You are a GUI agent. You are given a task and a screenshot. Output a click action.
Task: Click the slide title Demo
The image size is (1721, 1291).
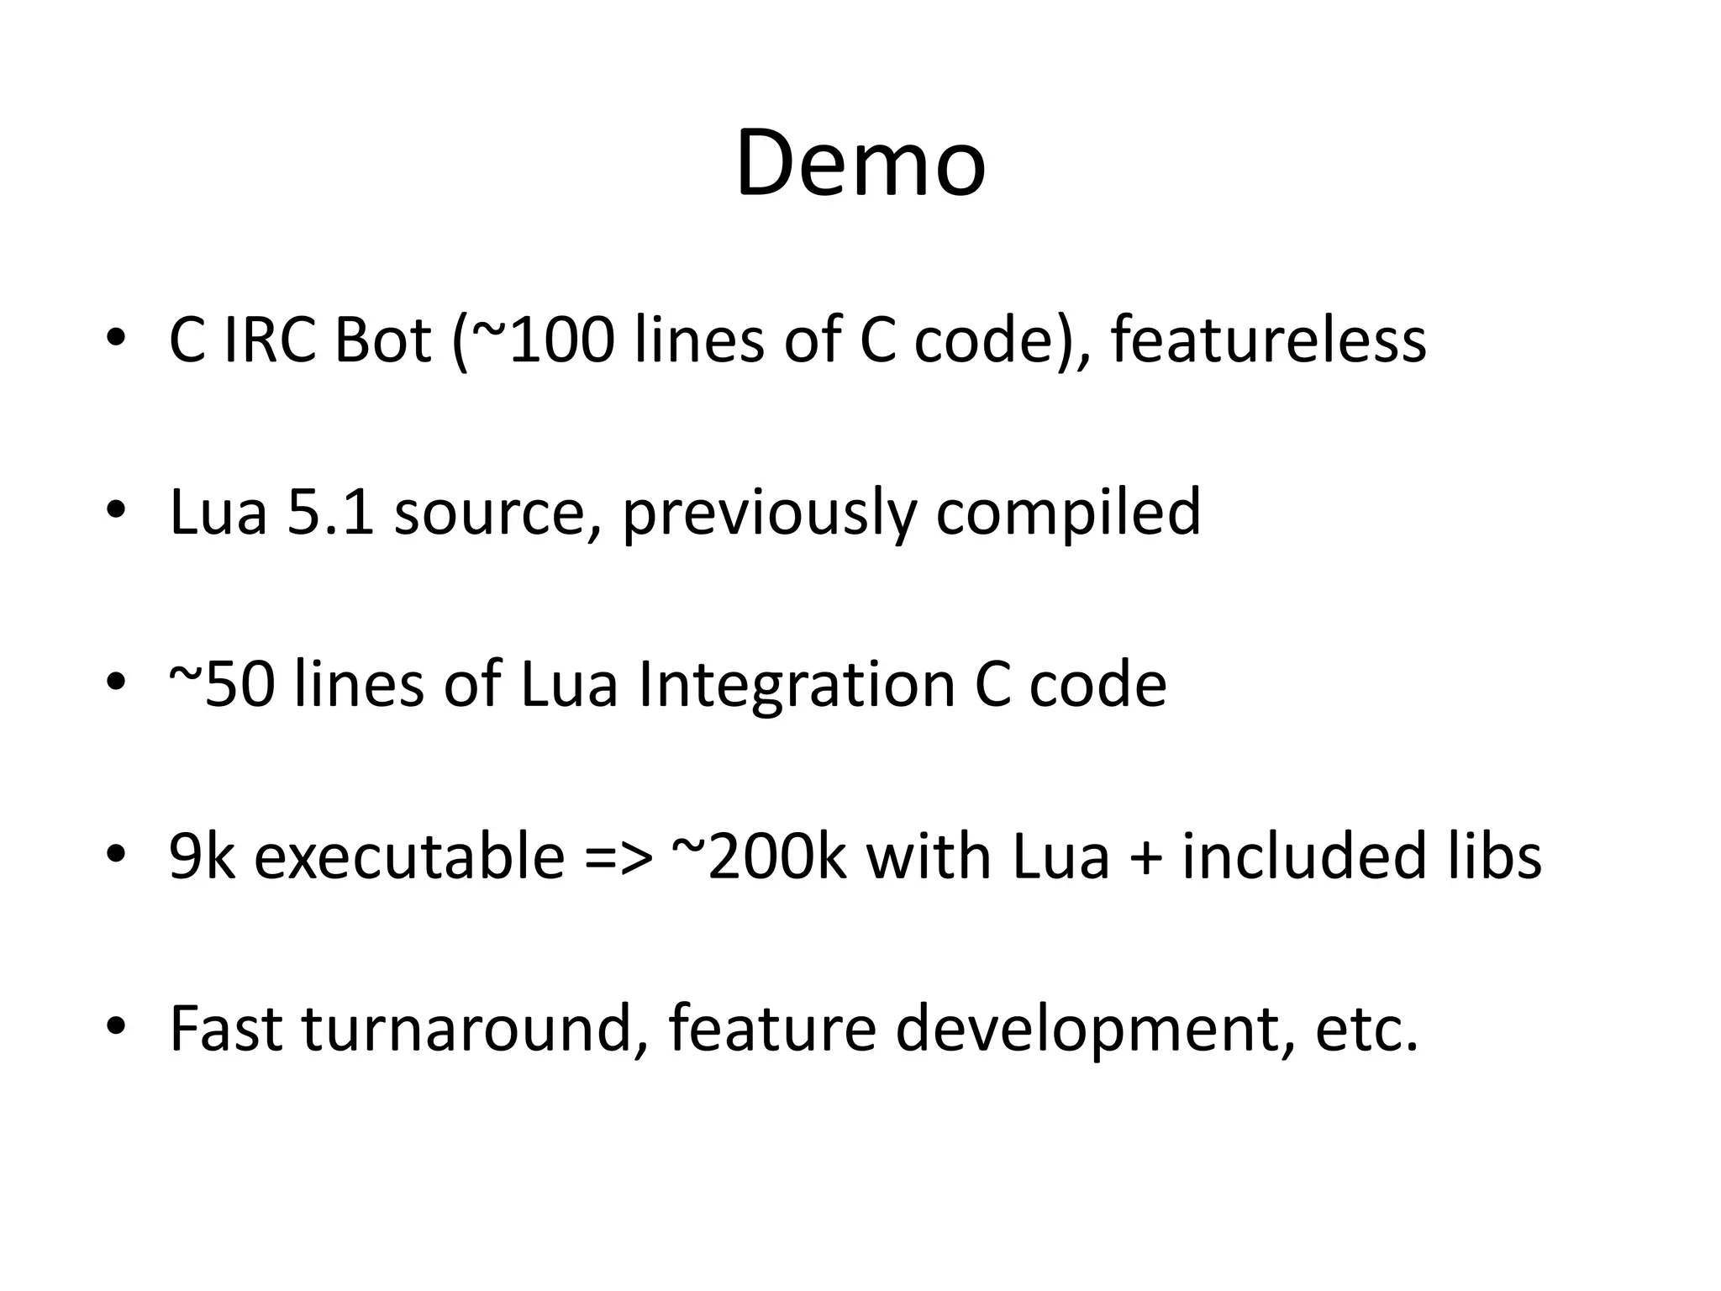point(860,164)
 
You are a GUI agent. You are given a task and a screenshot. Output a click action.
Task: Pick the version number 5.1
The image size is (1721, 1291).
point(330,513)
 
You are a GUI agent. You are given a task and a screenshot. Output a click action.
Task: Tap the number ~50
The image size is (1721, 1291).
point(222,684)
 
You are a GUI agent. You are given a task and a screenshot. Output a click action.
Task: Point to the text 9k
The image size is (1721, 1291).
point(202,856)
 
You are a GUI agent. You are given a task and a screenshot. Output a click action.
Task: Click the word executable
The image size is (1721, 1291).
point(409,856)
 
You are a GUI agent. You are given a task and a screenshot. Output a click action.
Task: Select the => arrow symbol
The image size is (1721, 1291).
point(618,856)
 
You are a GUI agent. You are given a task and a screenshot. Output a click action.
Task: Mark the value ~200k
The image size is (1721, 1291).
point(760,856)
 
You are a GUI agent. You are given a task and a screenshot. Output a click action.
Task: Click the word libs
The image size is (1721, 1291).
point(1495,856)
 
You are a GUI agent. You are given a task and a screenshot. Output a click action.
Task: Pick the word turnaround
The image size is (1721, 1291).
point(466,1028)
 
